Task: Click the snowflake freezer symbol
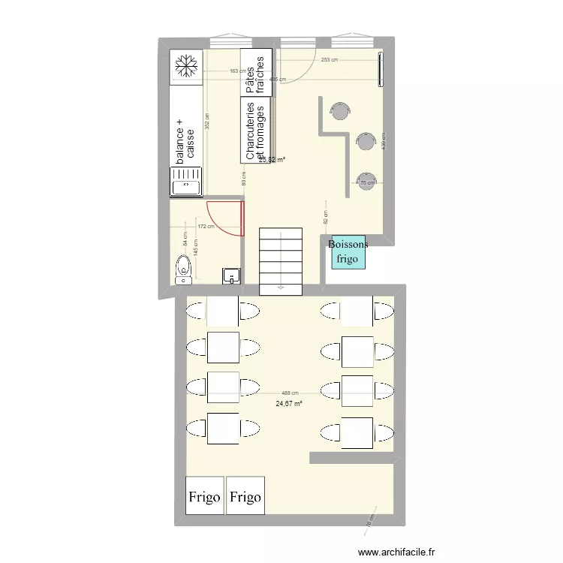point(185,65)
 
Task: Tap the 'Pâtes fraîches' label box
point(256,74)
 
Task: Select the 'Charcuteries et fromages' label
point(255,131)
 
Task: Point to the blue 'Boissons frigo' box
point(348,252)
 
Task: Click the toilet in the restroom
point(182,269)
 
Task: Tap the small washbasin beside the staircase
point(230,276)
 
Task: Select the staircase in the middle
point(281,261)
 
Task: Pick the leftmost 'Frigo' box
point(204,496)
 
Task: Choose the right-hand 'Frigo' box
point(245,496)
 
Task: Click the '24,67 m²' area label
point(289,403)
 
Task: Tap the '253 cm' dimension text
point(329,60)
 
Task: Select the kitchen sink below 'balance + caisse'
point(185,182)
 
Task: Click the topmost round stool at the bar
point(340,111)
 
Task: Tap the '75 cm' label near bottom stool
point(367,182)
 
